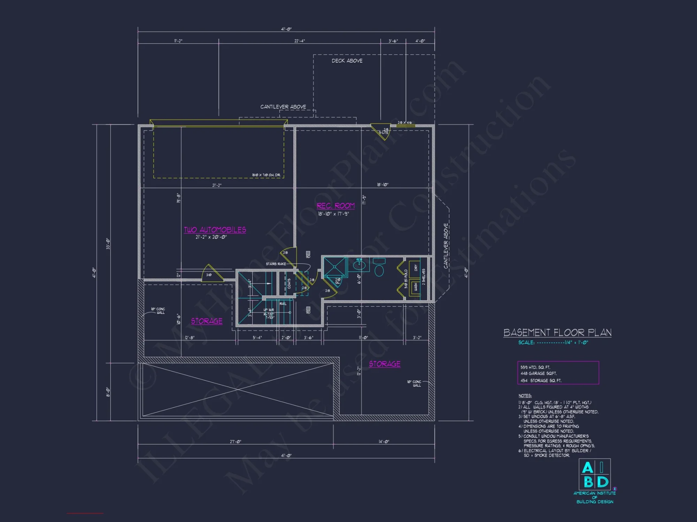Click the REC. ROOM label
point(335,206)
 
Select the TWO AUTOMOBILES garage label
point(215,230)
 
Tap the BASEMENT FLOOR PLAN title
point(557,333)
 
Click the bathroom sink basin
point(360,266)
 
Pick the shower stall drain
point(335,267)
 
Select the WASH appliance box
point(415,287)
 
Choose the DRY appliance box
point(415,268)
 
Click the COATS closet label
point(289,283)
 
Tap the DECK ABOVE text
point(347,61)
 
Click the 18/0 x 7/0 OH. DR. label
point(266,175)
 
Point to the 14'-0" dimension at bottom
point(384,442)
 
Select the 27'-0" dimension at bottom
point(235,442)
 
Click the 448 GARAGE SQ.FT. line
point(538,373)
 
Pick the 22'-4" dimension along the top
point(299,41)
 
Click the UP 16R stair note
point(269,310)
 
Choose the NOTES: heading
point(525,396)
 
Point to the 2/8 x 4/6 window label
point(405,122)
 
